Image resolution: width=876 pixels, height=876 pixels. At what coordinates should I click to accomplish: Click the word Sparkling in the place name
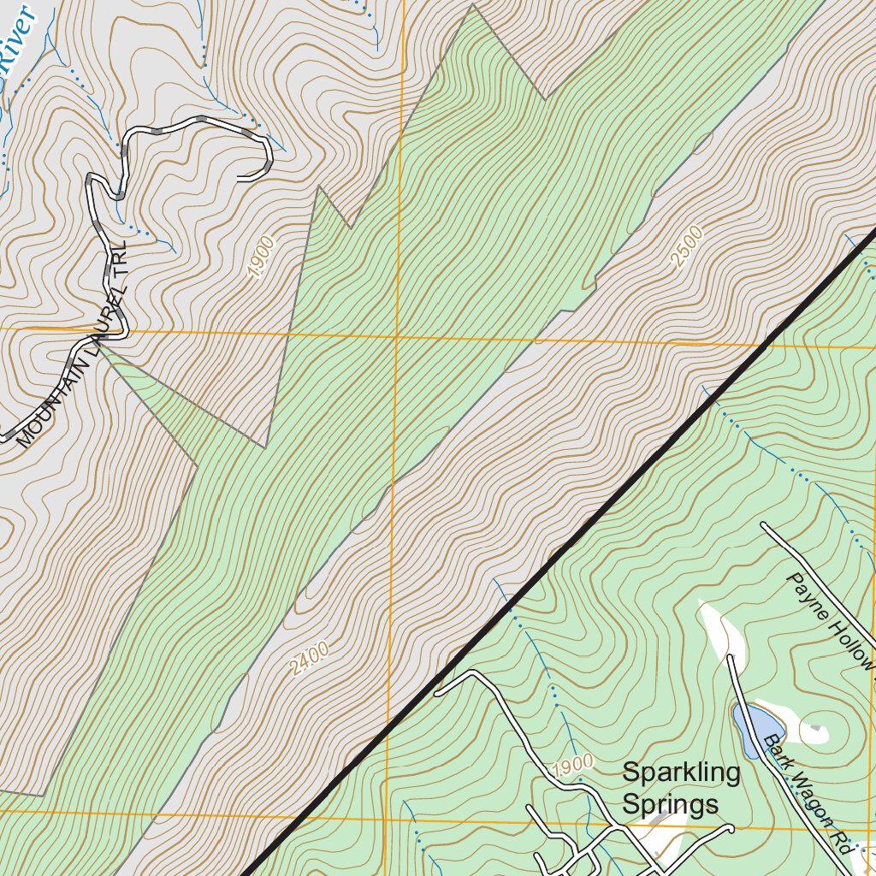(x=681, y=773)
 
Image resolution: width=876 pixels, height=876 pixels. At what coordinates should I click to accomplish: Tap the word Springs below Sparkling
(x=669, y=805)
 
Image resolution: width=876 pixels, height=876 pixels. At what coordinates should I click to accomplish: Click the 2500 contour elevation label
(x=688, y=246)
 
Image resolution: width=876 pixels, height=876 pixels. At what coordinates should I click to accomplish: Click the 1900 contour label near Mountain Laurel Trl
(x=262, y=257)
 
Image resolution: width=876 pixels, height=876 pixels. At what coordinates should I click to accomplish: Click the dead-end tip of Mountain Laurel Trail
(x=240, y=178)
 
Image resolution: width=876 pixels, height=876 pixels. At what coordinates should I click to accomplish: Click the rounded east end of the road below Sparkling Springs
(x=731, y=828)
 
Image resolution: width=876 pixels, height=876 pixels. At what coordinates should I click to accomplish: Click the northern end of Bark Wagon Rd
(x=730, y=658)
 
